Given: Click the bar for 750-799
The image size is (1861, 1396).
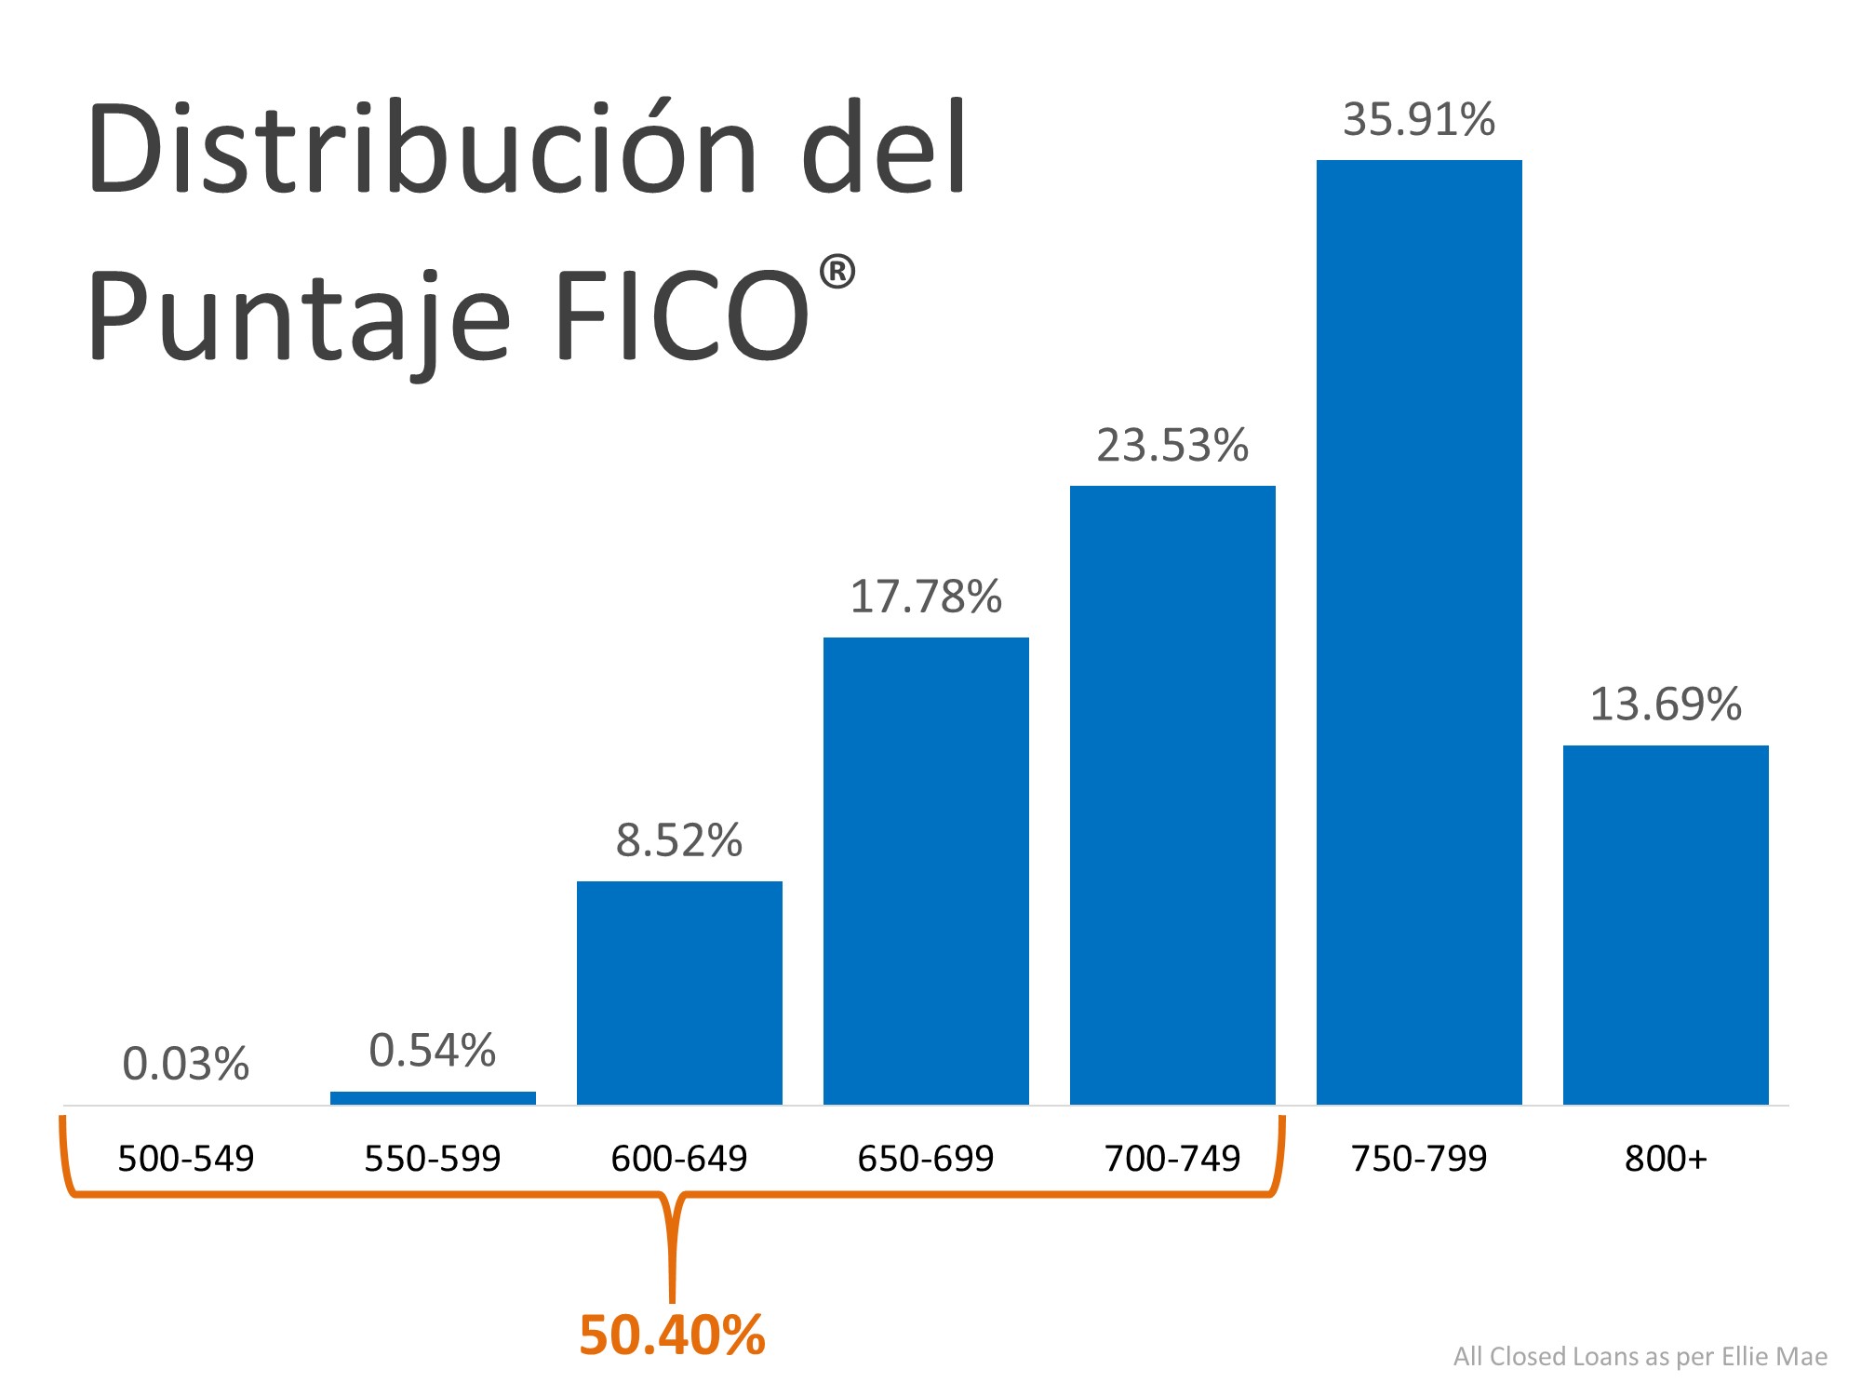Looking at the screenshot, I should click(1419, 633).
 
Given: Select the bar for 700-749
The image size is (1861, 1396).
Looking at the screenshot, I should click(1172, 796).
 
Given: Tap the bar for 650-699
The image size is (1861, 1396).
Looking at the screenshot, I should click(926, 871).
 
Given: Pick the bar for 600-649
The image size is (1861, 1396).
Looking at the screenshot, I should click(679, 993).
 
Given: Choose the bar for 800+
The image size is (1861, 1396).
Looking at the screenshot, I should click(1666, 925).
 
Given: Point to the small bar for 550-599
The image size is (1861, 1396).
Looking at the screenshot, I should click(433, 1098).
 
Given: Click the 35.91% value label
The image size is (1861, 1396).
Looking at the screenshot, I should click(1419, 120).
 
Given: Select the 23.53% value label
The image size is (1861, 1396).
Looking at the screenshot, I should click(1172, 446).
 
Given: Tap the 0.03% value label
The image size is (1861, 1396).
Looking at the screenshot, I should click(186, 1064).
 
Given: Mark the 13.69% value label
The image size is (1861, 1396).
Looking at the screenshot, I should click(1666, 705).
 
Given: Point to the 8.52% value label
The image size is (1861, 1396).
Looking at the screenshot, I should click(679, 840).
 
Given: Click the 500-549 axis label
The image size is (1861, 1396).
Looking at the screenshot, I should click(186, 1159).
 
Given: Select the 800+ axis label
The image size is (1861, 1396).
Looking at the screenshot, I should click(1666, 1159).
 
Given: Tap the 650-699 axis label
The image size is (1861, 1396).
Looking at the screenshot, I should click(926, 1159).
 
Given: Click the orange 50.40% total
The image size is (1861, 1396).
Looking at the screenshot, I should click(672, 1336).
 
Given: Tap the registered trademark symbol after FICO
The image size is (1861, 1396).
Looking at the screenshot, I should click(837, 273).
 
